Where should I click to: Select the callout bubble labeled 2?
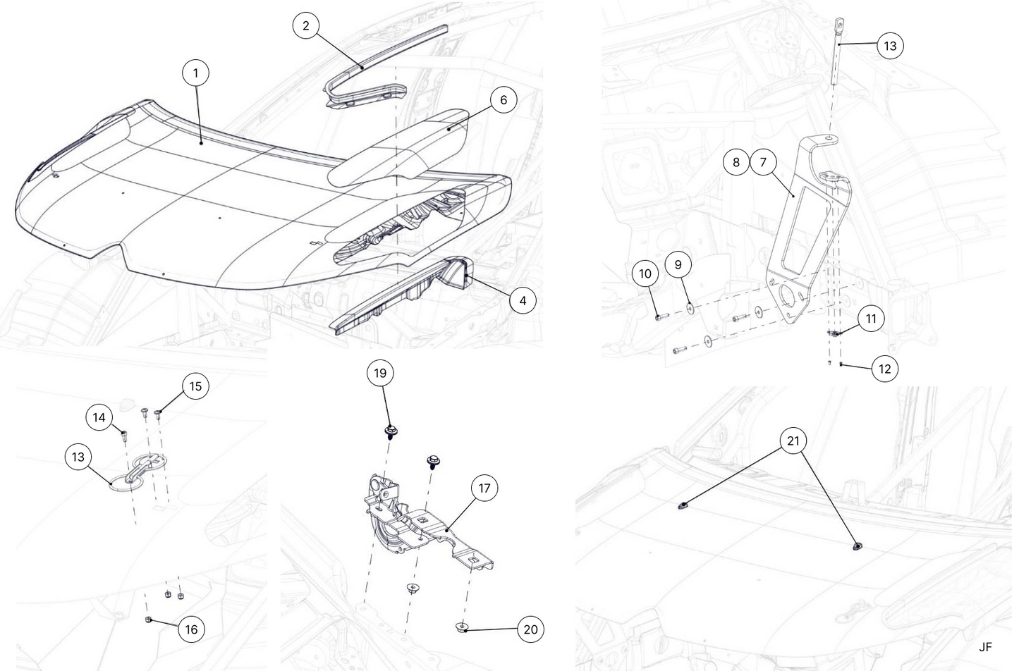(305, 26)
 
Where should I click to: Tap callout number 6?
(503, 100)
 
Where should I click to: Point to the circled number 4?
(523, 301)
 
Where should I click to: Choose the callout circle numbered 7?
(763, 162)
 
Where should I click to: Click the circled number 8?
(736, 162)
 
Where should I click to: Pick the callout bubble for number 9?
(678, 265)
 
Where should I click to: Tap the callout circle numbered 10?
(646, 273)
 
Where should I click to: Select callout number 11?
(871, 319)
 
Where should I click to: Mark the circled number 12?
(886, 369)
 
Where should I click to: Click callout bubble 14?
(99, 418)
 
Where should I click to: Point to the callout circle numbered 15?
(195, 386)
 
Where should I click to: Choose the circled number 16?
(191, 629)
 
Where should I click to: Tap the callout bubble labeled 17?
(484, 488)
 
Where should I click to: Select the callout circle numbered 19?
(380, 373)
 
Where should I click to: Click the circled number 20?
(530, 629)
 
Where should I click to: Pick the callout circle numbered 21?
(793, 441)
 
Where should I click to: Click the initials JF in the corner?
(985, 647)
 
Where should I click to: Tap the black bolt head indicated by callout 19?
(389, 429)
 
